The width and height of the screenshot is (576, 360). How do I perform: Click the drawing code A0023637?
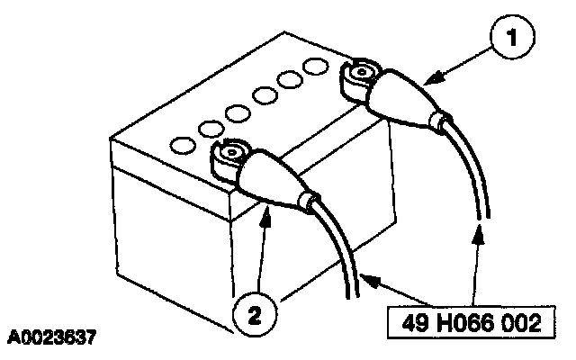pos(52,339)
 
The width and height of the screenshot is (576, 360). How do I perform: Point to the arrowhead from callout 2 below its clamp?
pos(267,209)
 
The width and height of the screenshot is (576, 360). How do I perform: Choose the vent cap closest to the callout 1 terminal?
pos(314,67)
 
